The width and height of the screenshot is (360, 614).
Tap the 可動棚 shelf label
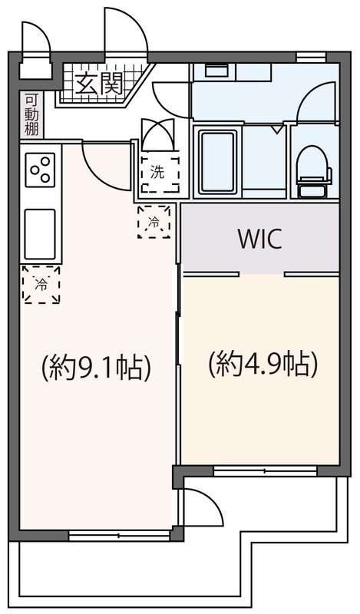[x=31, y=115]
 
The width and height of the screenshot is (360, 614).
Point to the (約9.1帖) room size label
[x=95, y=367]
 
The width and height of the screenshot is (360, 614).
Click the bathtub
[x=219, y=162]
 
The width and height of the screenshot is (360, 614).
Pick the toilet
[x=314, y=168]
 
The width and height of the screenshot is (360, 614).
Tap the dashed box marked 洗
[x=158, y=173]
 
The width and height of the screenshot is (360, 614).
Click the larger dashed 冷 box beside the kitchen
[x=41, y=284]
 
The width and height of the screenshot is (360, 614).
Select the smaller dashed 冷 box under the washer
[x=154, y=223]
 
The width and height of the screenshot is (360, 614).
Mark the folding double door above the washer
[x=158, y=135]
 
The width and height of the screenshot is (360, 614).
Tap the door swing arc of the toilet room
[x=316, y=101]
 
